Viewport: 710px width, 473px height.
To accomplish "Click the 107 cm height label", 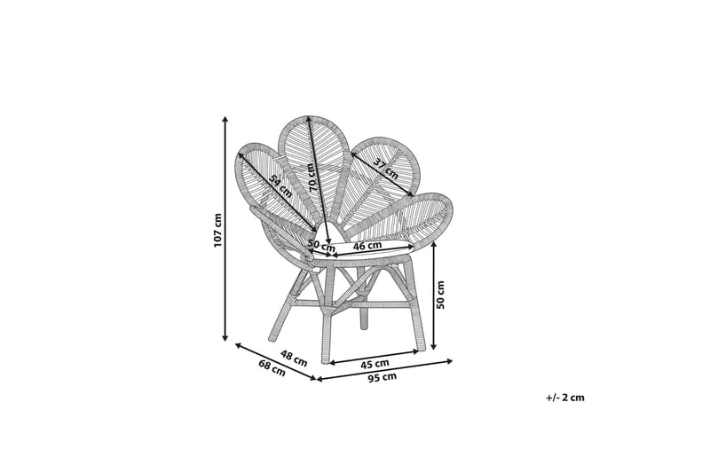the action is pyautogui.click(x=217, y=230).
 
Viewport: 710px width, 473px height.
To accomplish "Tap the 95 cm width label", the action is pyautogui.click(x=383, y=377).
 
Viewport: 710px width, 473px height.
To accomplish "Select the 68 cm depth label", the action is pyautogui.click(x=272, y=367).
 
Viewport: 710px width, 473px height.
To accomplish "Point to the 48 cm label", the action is pyautogui.click(x=294, y=358).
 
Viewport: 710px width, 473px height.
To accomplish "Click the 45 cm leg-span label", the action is pyautogui.click(x=375, y=363).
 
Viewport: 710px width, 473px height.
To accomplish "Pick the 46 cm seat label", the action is pyautogui.click(x=367, y=246).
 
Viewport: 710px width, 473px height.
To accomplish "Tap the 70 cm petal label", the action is pyautogui.click(x=312, y=177).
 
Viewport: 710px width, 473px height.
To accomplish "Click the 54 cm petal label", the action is pyautogui.click(x=280, y=185).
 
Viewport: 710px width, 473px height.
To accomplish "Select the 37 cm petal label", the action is pyautogui.click(x=386, y=169).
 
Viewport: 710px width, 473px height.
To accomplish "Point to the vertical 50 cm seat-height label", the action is pyautogui.click(x=440, y=295).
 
